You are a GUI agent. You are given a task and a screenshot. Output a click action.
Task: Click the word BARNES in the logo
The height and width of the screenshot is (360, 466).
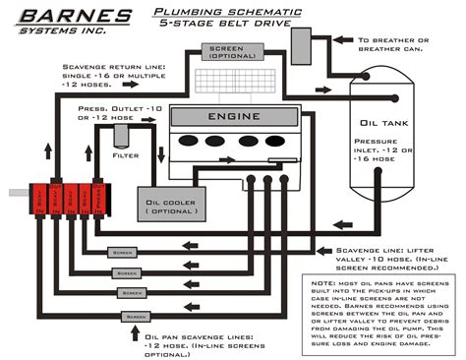(x=61, y=17)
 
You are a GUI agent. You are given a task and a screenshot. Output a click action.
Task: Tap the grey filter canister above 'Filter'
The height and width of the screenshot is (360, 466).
(x=109, y=137)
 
